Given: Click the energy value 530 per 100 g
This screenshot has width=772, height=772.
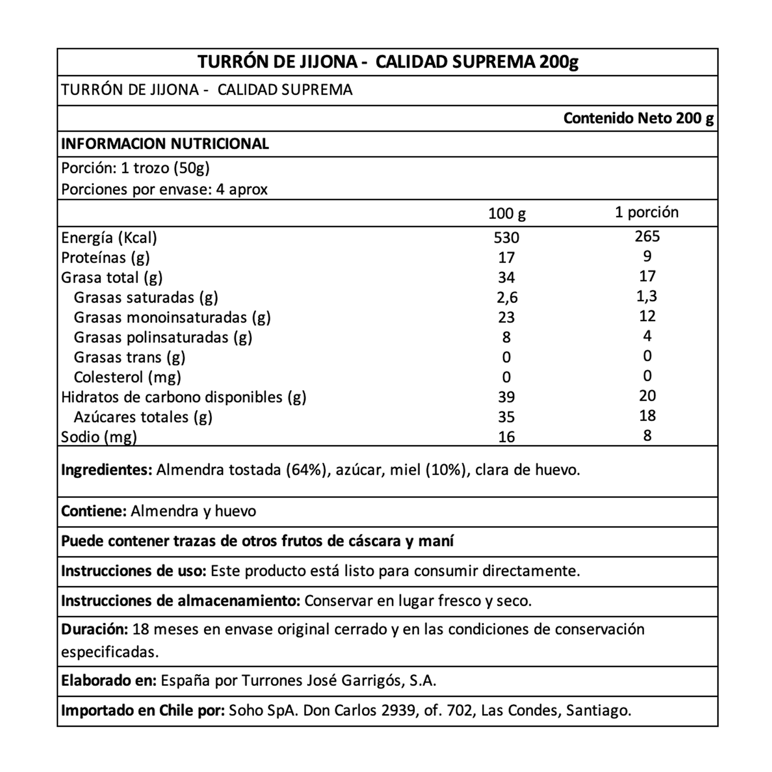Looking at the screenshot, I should pos(506,238).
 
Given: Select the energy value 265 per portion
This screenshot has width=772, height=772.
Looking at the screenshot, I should pos(647,236).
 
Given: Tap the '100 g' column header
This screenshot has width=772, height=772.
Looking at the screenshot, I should pos(506,213).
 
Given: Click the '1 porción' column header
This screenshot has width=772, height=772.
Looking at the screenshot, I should pos(646,212).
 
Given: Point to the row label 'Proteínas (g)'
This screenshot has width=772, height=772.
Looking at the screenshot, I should pos(106,257).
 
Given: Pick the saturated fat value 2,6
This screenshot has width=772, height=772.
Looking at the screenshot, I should pos(506,297).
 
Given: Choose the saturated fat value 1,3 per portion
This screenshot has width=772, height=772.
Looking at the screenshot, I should pos(647,296).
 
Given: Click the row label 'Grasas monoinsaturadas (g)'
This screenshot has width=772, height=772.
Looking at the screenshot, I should pos(172,318).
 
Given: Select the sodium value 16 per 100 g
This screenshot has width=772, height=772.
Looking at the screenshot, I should pos(506,437).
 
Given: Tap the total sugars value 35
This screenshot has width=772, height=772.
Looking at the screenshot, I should pos(506,417).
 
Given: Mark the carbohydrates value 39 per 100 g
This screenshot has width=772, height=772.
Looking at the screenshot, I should pos(506,397).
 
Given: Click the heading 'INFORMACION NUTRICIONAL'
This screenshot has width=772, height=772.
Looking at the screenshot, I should pos(165,144).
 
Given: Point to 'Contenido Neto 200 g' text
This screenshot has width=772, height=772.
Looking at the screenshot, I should pos(638,118).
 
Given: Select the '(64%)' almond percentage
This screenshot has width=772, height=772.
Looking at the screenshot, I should pos(308,470).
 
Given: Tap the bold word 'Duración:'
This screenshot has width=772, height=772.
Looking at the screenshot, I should pos(95,629).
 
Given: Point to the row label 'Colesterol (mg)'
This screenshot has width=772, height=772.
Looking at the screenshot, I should pos(127,377).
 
